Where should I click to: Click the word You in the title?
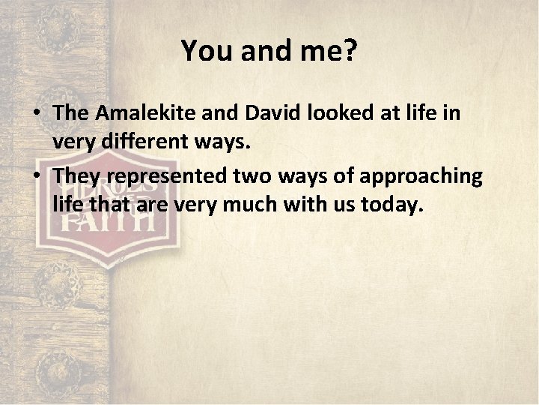click(x=206, y=51)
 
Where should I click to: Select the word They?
click(x=75, y=175)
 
